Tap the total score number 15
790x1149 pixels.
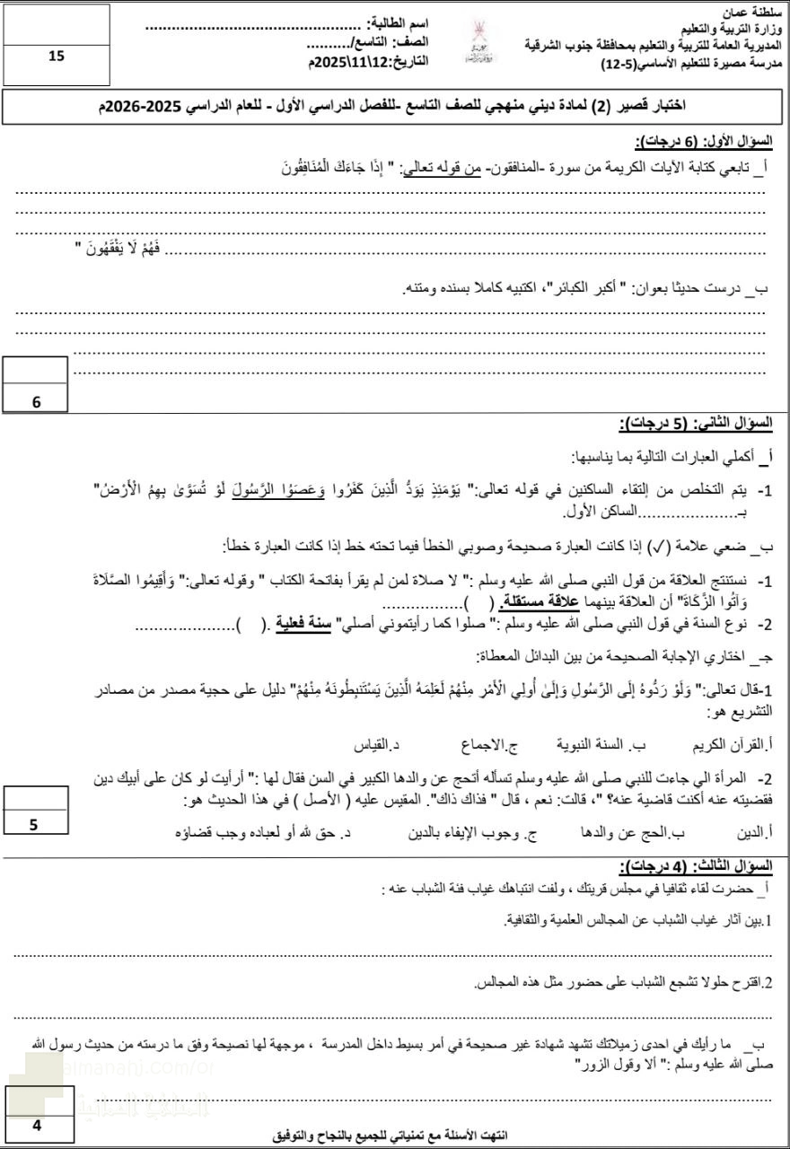coord(57,57)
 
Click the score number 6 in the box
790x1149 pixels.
coord(37,402)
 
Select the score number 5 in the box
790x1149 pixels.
coord(34,825)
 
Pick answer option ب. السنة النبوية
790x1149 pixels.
coord(591,745)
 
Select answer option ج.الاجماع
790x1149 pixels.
coord(481,745)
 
